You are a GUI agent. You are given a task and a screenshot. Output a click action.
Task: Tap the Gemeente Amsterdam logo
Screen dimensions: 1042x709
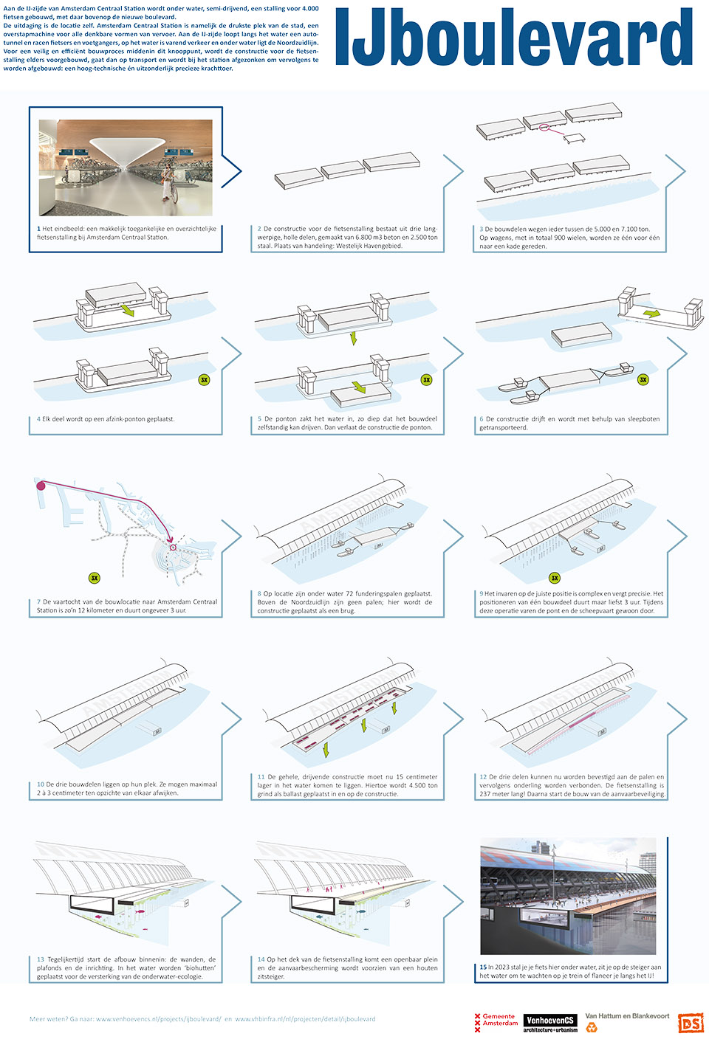coord(496,1022)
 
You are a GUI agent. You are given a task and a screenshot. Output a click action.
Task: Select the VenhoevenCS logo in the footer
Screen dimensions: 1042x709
coord(550,1022)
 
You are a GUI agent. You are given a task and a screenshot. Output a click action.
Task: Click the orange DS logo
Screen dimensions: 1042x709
coord(691,1023)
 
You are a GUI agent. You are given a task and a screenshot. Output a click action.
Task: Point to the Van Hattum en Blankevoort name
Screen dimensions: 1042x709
coord(627,1016)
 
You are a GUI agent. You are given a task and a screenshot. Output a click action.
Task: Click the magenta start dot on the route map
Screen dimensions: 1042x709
coord(41,486)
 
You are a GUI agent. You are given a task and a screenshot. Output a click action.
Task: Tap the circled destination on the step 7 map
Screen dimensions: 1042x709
coord(173,548)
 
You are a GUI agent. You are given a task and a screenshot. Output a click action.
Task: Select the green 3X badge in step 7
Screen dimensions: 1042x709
coord(94,578)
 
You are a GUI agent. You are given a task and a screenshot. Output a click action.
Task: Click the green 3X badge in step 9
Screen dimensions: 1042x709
coord(554,578)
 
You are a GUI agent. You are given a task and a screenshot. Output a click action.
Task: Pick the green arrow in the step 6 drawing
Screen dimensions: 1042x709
coord(651,314)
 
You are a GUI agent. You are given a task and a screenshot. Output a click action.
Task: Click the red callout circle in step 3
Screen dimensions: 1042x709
coord(545,128)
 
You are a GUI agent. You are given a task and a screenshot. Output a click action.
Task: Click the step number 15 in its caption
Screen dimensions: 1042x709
coord(483,967)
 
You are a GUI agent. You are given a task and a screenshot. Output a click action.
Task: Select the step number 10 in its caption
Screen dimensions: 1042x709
coord(41,784)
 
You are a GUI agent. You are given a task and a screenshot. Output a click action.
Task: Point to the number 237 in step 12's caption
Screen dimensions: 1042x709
coord(485,794)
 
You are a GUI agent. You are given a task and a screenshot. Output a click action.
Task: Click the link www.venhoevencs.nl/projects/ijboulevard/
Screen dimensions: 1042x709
coord(159,1019)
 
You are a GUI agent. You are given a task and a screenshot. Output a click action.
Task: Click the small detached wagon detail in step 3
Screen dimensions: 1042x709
coord(574,138)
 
